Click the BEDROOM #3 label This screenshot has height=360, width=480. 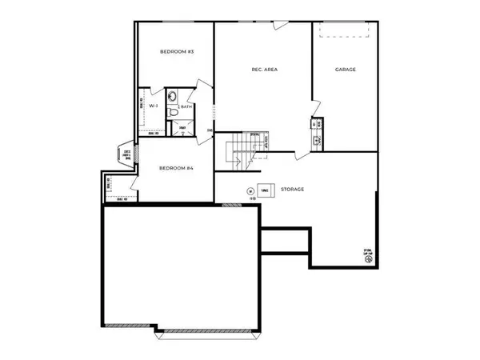[178, 52]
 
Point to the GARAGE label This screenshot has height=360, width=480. [346, 70]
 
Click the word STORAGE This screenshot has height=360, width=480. [292, 190]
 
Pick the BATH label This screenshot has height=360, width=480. [186, 106]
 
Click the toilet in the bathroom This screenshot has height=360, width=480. [174, 113]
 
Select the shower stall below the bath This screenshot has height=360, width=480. [183, 129]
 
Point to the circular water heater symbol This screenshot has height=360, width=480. [250, 191]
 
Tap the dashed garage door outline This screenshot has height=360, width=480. [345, 30]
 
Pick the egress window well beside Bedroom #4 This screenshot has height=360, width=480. [126, 154]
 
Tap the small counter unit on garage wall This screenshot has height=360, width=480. [318, 132]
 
